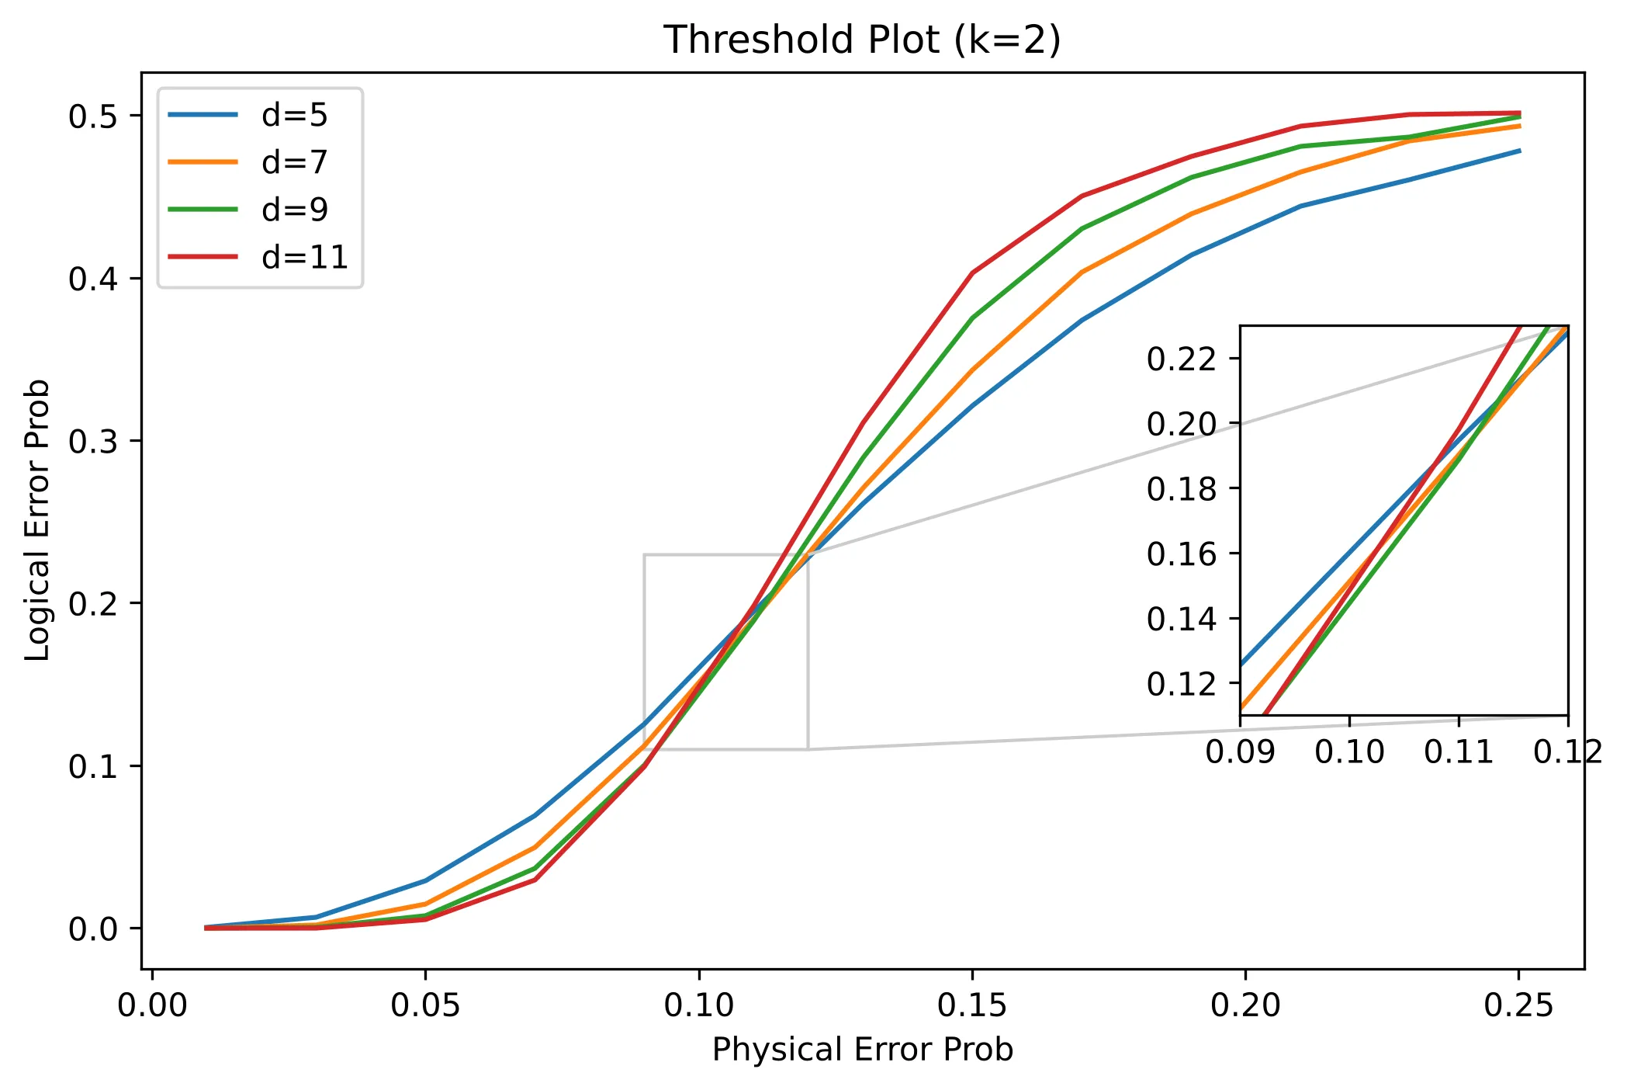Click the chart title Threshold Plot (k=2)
pos(862,40)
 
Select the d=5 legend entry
pos(294,115)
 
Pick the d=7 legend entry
pos(294,162)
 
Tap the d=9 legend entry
pos(294,210)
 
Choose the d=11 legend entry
pos(304,257)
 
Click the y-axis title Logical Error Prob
pos(37,520)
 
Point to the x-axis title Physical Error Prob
pos(862,1050)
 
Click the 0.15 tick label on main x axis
pos(971,1005)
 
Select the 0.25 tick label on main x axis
pos(1518,1005)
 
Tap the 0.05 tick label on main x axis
pos(425,1005)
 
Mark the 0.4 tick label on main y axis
pos(93,279)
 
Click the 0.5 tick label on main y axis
pos(93,116)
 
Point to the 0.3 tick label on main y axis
pos(93,441)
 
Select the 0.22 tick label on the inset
pos(1182,359)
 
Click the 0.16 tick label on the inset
pos(1182,554)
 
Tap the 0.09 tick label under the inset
pos(1240,752)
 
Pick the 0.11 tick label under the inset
pos(1459,752)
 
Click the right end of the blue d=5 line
pos(1519,151)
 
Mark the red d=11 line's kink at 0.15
pos(972,272)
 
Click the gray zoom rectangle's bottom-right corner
pos(808,749)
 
